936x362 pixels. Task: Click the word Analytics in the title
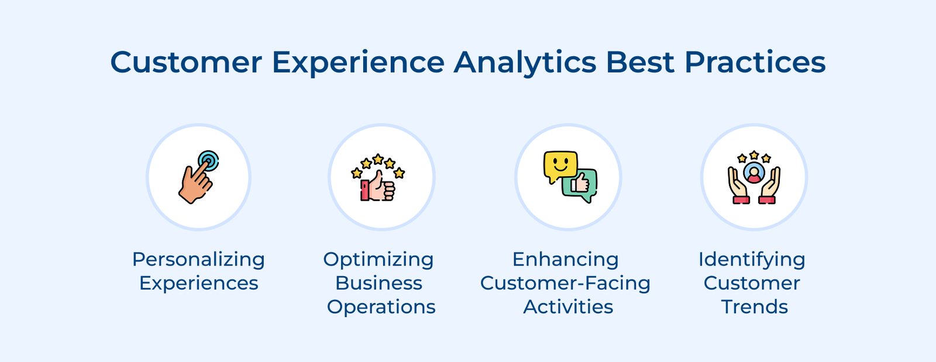pyautogui.click(x=525, y=63)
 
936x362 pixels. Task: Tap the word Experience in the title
pyautogui.click(x=358, y=63)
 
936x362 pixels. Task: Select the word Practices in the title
pyautogui.click(x=755, y=62)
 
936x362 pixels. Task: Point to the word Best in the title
pyautogui.click(x=640, y=62)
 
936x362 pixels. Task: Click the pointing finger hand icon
pyautogui.click(x=195, y=182)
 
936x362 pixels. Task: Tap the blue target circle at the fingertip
pyautogui.click(x=208, y=161)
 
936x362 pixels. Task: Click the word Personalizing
pyautogui.click(x=198, y=259)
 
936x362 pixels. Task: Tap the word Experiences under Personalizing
pyautogui.click(x=198, y=283)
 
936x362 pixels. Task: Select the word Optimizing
pyautogui.click(x=378, y=259)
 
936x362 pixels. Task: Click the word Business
pyautogui.click(x=378, y=283)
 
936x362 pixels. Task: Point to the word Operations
pyautogui.click(x=381, y=306)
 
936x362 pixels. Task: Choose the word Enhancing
pyautogui.click(x=565, y=259)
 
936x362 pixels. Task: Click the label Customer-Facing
pyautogui.click(x=565, y=283)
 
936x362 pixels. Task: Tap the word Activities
pyautogui.click(x=568, y=306)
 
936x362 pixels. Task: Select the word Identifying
pyautogui.click(x=752, y=259)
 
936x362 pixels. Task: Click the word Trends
pyautogui.click(x=754, y=306)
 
